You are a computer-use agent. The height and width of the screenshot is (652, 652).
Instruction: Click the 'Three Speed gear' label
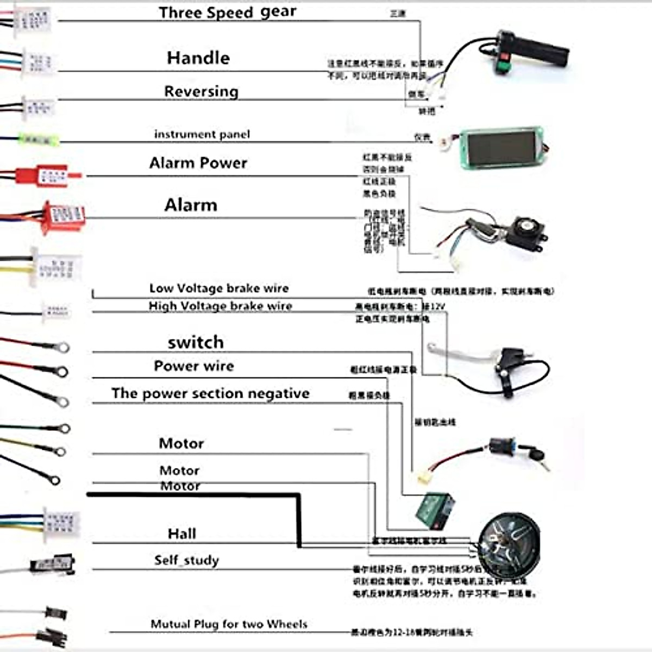(x=227, y=12)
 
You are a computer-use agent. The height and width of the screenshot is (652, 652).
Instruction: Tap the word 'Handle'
(x=198, y=58)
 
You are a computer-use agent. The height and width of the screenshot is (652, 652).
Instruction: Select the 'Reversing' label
(x=201, y=91)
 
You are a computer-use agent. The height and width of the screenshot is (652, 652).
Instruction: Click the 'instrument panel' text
(x=202, y=134)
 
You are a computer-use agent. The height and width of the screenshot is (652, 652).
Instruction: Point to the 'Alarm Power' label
(x=198, y=163)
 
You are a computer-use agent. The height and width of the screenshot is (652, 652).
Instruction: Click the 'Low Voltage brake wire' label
(x=218, y=289)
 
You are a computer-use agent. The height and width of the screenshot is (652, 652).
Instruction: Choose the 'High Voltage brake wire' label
(x=220, y=306)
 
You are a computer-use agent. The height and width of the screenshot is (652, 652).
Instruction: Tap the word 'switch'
(x=196, y=342)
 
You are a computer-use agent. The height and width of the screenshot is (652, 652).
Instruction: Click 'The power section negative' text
(x=210, y=393)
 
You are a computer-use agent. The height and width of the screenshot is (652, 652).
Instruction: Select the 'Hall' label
(x=181, y=534)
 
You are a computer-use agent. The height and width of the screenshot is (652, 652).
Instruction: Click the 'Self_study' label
(x=186, y=560)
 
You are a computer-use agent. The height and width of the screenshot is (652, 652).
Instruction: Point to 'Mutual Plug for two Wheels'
(x=229, y=624)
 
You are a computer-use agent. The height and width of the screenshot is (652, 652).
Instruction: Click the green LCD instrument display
(x=500, y=148)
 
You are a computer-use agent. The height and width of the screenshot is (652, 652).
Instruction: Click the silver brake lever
(x=462, y=353)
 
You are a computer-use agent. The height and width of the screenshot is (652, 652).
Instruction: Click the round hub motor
(x=508, y=543)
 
